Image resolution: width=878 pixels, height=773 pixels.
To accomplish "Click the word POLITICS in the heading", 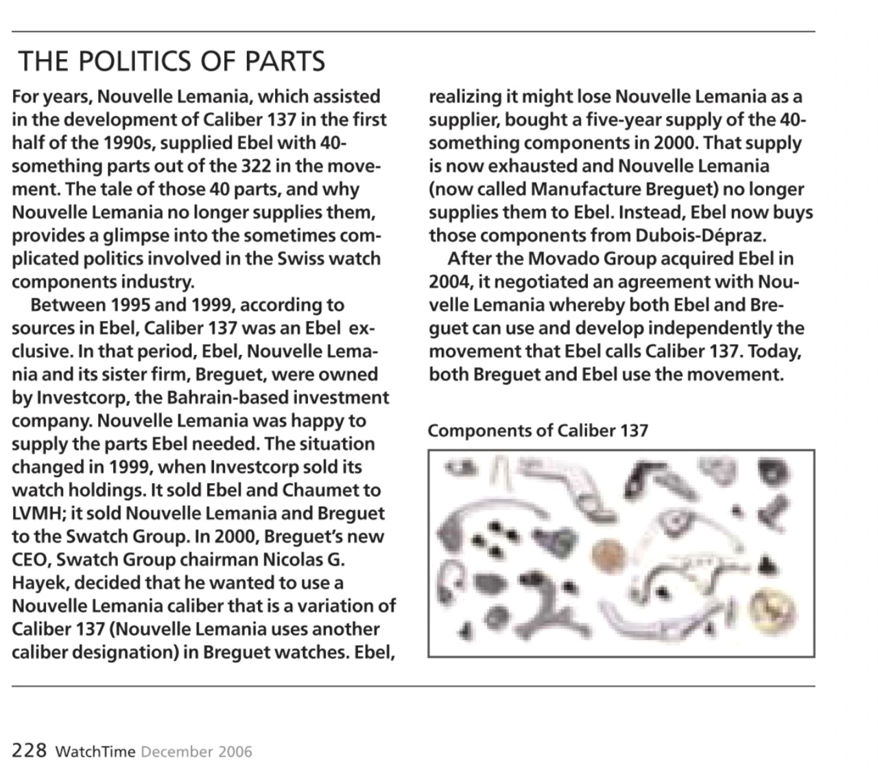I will point(135,62).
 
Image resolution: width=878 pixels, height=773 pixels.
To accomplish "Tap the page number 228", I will point(29,750).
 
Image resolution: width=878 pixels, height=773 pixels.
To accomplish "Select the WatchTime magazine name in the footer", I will point(95,751).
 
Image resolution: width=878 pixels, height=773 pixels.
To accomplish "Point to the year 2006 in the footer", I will point(235,751).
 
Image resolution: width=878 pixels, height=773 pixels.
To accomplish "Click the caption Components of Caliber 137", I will point(537,430).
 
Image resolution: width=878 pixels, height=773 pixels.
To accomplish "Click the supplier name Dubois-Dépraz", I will point(699,235).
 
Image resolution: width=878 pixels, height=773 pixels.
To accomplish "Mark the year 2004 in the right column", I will point(449,282).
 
